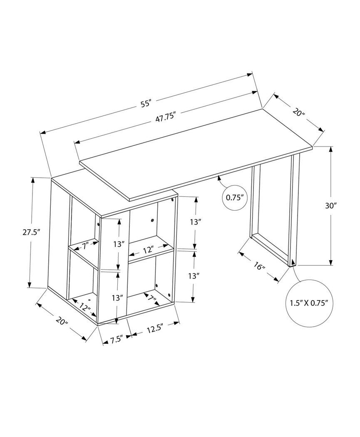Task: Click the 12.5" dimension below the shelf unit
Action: [x=154, y=329]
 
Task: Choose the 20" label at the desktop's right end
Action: [x=299, y=112]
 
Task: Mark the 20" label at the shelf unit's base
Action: [x=61, y=320]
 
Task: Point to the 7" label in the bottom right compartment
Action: [x=150, y=298]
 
